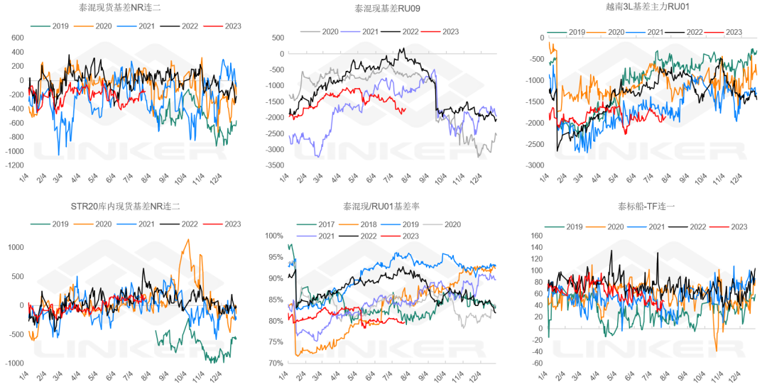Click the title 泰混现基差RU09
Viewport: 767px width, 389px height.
(384, 9)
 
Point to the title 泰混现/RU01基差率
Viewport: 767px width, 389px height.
(383, 207)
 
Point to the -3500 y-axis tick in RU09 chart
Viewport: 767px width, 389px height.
(273, 165)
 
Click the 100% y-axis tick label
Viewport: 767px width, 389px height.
(274, 236)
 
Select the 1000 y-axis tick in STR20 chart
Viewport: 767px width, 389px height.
(15, 247)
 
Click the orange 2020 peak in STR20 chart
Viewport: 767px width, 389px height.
(187, 240)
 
